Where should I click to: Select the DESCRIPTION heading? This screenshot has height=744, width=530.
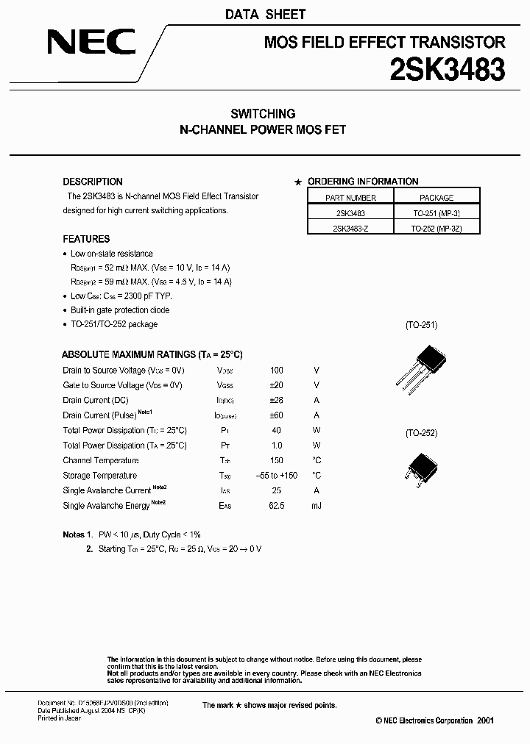(93, 182)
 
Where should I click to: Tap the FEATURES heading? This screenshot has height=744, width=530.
(86, 239)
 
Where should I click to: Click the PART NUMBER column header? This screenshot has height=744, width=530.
(350, 198)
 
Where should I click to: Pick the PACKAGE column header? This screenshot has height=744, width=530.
(437, 198)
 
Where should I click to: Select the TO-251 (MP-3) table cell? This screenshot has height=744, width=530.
(437, 212)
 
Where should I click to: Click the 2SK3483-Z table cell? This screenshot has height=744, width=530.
(350, 228)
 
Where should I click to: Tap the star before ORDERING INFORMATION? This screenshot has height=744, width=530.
(298, 182)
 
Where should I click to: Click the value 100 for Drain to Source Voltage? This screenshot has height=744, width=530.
(276, 371)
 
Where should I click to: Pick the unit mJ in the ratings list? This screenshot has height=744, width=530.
(317, 506)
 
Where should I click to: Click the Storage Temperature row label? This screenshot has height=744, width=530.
(100, 476)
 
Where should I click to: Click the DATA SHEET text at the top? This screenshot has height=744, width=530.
(265, 14)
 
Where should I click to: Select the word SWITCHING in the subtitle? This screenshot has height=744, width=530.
(263, 114)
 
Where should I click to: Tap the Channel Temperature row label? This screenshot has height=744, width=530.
(101, 461)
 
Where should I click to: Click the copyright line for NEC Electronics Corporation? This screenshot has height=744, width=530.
(434, 720)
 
